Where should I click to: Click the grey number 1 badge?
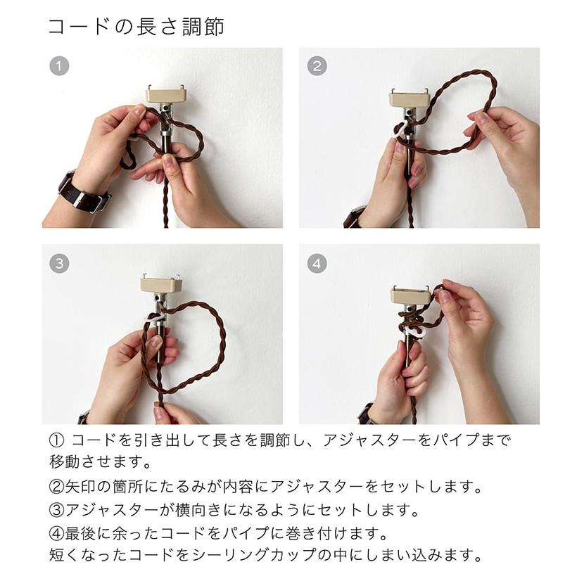point(59,66)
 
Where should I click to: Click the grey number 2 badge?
point(317,66)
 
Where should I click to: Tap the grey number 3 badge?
point(59,264)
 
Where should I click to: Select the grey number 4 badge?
point(317,264)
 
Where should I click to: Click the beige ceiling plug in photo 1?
point(165,94)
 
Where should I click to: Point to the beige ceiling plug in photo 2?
point(409,98)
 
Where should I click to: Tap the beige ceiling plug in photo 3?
point(161,284)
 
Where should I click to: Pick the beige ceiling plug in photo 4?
point(411,295)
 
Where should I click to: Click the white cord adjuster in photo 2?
point(400,129)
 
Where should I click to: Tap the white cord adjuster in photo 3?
point(156,317)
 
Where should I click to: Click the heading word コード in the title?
point(79,27)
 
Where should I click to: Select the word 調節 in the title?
point(203,27)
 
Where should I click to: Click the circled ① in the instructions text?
point(57,440)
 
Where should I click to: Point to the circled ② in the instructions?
point(57,487)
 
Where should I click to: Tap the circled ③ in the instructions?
point(57,510)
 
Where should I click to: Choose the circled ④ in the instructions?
point(57,534)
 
